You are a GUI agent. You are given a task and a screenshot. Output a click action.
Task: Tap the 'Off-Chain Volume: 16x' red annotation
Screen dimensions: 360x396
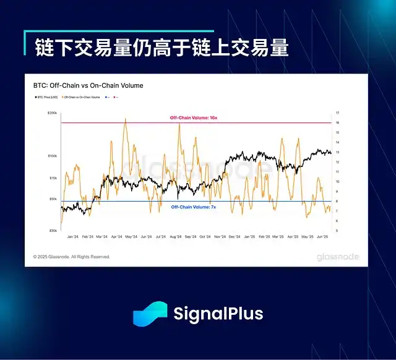point(194,118)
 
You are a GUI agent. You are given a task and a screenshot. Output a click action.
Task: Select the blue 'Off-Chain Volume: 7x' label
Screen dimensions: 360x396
point(194,207)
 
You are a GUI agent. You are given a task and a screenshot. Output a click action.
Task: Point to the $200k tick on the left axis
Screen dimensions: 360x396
point(52,113)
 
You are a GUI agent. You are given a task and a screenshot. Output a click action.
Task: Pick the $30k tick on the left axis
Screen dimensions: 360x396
point(53,230)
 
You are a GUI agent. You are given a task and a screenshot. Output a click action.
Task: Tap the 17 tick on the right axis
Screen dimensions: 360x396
point(337,113)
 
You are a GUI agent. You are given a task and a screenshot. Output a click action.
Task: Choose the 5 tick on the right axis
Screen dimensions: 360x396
point(337,231)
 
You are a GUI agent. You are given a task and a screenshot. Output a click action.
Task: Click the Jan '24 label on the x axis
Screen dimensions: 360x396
point(73,236)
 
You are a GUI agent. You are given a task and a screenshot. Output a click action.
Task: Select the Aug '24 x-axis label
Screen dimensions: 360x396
point(174,236)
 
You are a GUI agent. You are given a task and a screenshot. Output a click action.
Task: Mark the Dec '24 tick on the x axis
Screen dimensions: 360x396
point(234,236)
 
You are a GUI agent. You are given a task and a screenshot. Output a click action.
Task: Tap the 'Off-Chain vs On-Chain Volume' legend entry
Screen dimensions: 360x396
point(84,97)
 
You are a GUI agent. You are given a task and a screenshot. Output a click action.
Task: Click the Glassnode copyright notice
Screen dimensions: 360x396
point(71,256)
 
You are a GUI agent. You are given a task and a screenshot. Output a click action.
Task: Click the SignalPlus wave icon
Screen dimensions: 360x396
point(150,314)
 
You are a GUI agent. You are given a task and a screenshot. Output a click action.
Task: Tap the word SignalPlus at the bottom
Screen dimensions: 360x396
point(218,314)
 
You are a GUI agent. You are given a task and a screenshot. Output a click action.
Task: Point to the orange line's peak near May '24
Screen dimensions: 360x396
point(126,119)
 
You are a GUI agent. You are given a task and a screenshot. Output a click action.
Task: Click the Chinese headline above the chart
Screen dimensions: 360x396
point(160,47)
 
